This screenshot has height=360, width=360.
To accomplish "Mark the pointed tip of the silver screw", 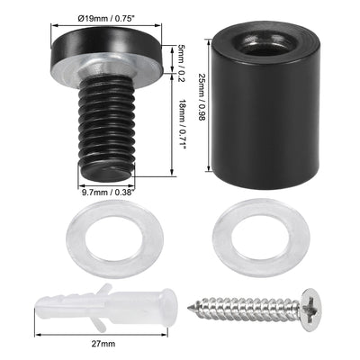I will pos(192,309).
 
